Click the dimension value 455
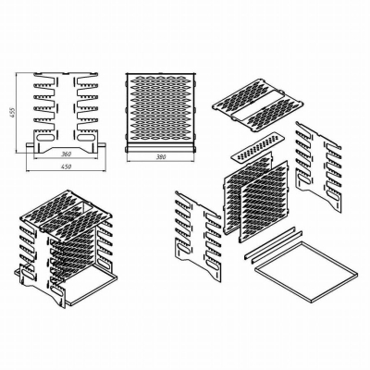[x=12, y=113]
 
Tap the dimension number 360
[x=66, y=154]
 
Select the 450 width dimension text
[x=66, y=166]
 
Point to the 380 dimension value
[x=161, y=157]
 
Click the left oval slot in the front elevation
[x=45, y=137]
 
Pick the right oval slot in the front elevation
[x=86, y=137]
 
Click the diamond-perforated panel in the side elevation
[x=161, y=108]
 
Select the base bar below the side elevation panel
[x=161, y=149]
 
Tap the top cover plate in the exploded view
[x=257, y=105]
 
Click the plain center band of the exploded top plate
[x=256, y=104]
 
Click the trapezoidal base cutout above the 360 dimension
[x=66, y=147]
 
